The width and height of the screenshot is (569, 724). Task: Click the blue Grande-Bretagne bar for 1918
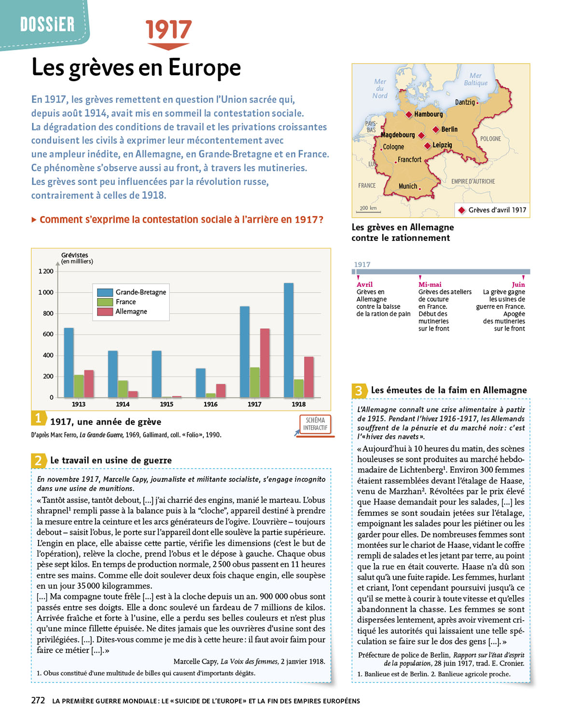pos(289,340)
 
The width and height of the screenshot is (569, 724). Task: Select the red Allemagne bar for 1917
pos(264,363)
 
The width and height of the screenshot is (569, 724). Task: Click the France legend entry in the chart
pos(125,302)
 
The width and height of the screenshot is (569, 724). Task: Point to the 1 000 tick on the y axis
pos(46,292)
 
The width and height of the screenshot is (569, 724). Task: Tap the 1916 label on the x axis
pos(210,404)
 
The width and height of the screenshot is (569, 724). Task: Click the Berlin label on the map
pos(449,129)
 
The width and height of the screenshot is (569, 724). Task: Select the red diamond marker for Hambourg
pos(409,115)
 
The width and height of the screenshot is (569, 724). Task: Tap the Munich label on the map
pos(408,186)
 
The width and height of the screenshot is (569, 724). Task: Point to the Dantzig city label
pos(465,102)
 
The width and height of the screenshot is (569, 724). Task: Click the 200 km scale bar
pos(368,209)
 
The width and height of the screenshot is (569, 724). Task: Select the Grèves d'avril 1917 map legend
pos(492,210)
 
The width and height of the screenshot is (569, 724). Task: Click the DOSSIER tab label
pos(47,24)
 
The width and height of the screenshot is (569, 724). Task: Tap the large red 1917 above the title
pos(168,30)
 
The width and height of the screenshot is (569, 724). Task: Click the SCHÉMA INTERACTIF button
pos(315,424)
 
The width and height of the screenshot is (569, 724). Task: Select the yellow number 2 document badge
pos(38,460)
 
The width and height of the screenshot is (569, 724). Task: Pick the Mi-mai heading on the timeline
pos(430,285)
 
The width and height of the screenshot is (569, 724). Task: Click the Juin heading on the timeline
pos(518,285)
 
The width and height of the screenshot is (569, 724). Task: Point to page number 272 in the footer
pos(38,700)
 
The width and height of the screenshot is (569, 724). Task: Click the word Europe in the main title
pos(205,68)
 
